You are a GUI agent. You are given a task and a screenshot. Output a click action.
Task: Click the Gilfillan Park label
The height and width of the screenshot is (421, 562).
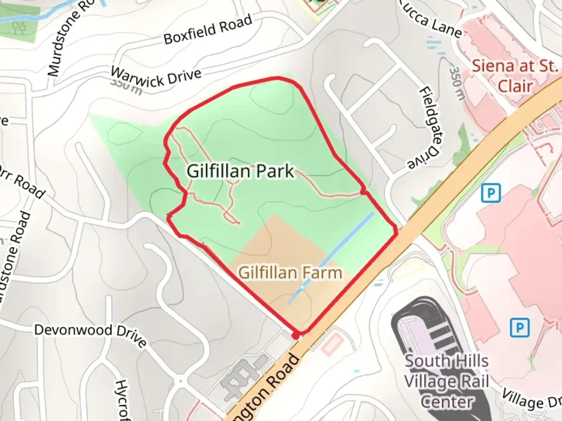point(240,171)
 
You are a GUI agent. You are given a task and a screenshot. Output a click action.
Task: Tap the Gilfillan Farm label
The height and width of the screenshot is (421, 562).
point(290,272)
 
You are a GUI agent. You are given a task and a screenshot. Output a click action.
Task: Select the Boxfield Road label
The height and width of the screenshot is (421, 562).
point(208,30)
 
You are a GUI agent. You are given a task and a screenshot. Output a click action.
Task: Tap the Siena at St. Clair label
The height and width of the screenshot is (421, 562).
point(515,76)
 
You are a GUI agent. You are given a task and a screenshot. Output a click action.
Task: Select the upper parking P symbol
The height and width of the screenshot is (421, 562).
point(491,193)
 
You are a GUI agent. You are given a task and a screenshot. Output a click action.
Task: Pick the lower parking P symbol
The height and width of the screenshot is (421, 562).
point(520,327)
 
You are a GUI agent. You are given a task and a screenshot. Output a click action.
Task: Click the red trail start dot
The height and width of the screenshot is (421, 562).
point(296,336)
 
